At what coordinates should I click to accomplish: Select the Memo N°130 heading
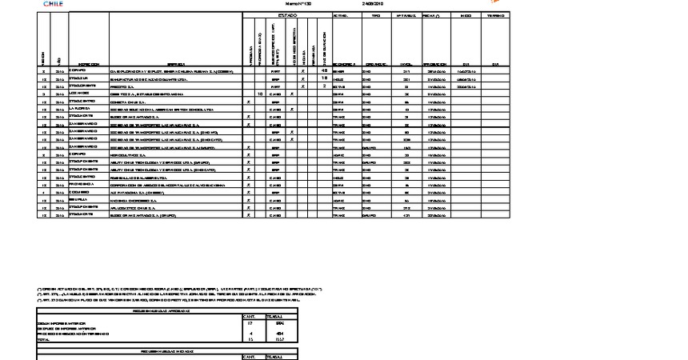coord(297,3)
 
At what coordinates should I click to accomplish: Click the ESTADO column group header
coord(287,15)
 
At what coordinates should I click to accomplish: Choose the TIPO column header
coord(376,15)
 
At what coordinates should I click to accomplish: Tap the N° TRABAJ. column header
coord(406,15)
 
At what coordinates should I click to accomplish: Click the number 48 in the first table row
coord(323,71)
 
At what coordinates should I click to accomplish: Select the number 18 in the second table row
coord(323,78)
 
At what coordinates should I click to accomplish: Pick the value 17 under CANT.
coord(251,322)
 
